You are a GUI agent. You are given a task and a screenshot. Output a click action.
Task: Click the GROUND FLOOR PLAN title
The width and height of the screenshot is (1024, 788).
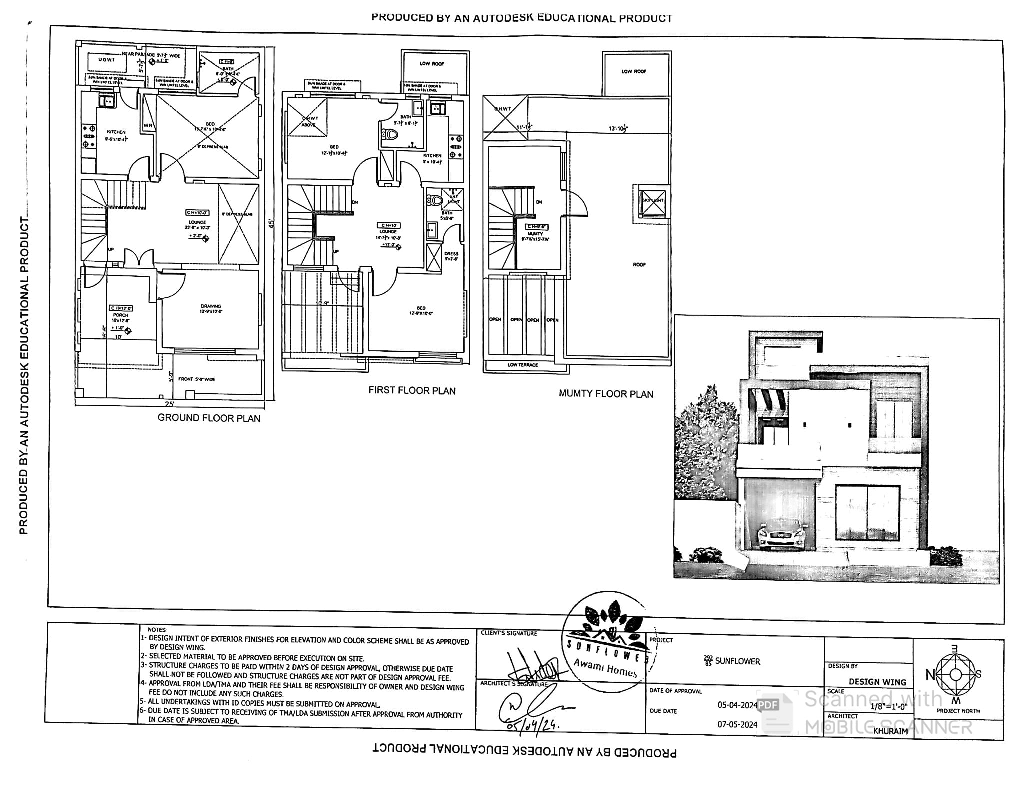point(209,418)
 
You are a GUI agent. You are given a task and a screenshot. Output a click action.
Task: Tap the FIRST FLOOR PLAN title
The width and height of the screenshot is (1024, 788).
point(412,390)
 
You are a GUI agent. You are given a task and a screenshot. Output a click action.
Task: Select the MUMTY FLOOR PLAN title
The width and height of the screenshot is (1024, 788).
point(606,394)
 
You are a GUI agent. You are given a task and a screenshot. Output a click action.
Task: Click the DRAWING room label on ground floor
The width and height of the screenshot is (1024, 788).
point(211,306)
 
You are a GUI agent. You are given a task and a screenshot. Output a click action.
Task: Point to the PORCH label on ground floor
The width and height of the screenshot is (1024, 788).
point(121,315)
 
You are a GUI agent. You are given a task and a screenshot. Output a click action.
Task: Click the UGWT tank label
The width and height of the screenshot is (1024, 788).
point(106,60)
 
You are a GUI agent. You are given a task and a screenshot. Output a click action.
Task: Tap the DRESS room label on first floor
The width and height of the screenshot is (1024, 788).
point(451,254)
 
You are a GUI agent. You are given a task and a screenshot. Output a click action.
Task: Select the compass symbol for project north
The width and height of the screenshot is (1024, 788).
point(955,675)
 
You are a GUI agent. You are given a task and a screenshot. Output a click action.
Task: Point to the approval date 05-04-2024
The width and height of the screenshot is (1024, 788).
point(737,705)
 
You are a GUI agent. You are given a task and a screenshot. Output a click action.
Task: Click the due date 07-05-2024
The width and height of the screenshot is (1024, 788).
point(737,724)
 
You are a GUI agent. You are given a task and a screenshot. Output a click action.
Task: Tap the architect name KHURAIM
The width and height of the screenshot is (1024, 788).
point(890,731)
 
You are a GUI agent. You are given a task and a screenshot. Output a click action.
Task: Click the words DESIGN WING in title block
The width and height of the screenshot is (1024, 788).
point(877,682)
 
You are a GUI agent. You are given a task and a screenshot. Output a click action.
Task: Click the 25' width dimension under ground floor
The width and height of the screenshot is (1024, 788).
point(170,404)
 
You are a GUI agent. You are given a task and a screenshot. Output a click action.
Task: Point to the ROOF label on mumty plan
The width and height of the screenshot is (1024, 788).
point(639,264)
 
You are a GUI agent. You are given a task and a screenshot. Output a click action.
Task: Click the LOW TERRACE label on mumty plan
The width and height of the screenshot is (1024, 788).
point(523,365)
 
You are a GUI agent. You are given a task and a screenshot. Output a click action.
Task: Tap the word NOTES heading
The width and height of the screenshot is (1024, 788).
point(157,630)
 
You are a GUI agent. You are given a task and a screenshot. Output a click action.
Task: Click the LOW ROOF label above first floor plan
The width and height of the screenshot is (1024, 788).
point(432,64)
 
